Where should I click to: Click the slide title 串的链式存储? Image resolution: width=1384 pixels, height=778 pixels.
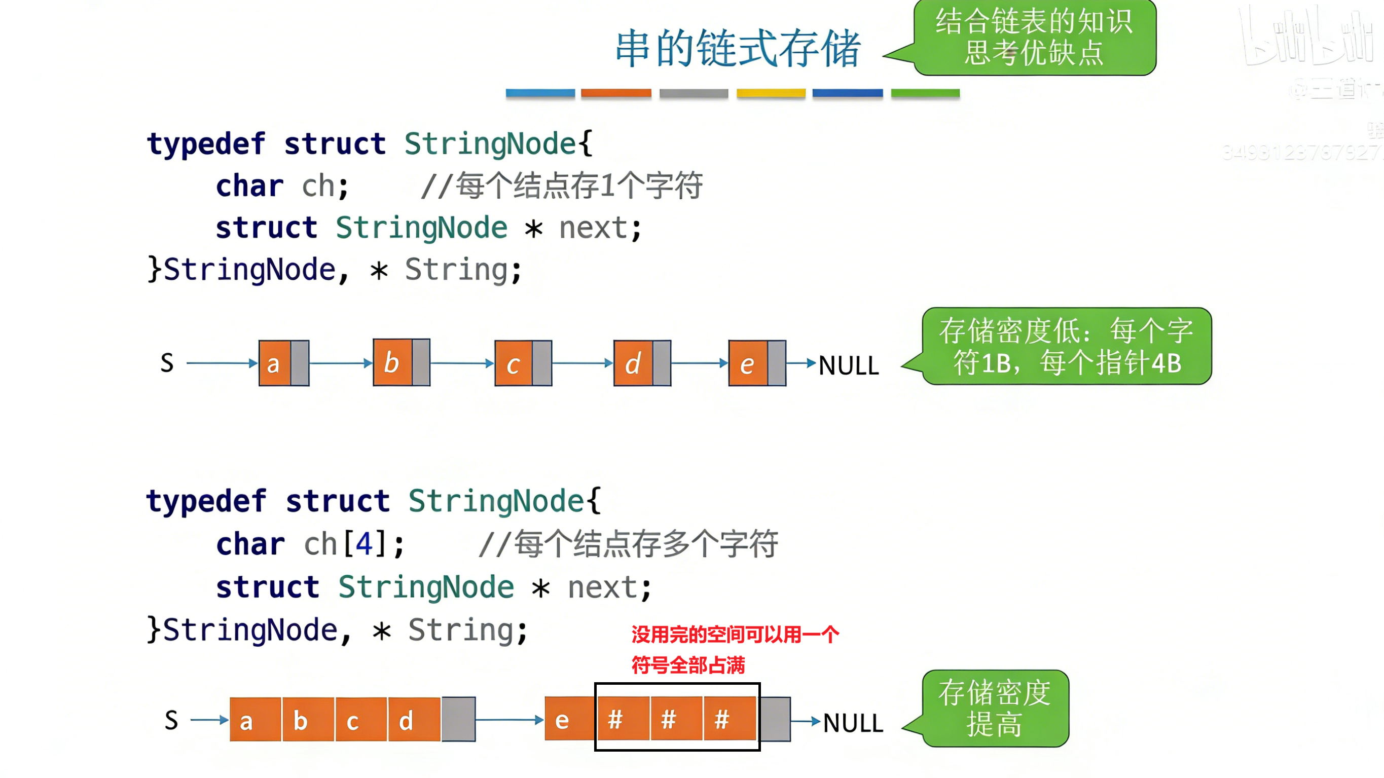click(x=738, y=49)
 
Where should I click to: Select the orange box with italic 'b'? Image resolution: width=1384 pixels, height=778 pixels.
click(x=392, y=362)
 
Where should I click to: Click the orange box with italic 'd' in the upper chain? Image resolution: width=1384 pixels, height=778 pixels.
click(x=633, y=363)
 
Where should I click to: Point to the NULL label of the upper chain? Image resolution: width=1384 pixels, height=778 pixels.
click(x=848, y=365)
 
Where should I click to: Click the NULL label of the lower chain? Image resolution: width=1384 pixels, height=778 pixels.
click(x=853, y=723)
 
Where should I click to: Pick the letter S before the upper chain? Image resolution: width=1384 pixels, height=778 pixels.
click(x=167, y=363)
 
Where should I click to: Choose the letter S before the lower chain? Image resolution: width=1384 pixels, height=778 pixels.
click(x=171, y=720)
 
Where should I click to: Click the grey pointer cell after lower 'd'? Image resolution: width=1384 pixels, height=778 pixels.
click(x=458, y=719)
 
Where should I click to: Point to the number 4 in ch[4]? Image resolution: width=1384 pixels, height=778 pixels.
click(x=365, y=544)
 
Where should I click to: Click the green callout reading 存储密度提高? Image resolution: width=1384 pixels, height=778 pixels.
click(x=995, y=708)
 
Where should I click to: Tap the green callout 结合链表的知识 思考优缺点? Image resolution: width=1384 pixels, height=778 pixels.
click(x=1034, y=37)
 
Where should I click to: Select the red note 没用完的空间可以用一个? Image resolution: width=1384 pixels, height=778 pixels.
click(x=735, y=635)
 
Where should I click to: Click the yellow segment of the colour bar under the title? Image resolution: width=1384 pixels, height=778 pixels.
click(x=771, y=93)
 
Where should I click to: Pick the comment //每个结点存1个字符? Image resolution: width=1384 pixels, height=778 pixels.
click(x=561, y=186)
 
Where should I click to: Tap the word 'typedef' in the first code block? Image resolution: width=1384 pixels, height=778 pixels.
click(x=206, y=144)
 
